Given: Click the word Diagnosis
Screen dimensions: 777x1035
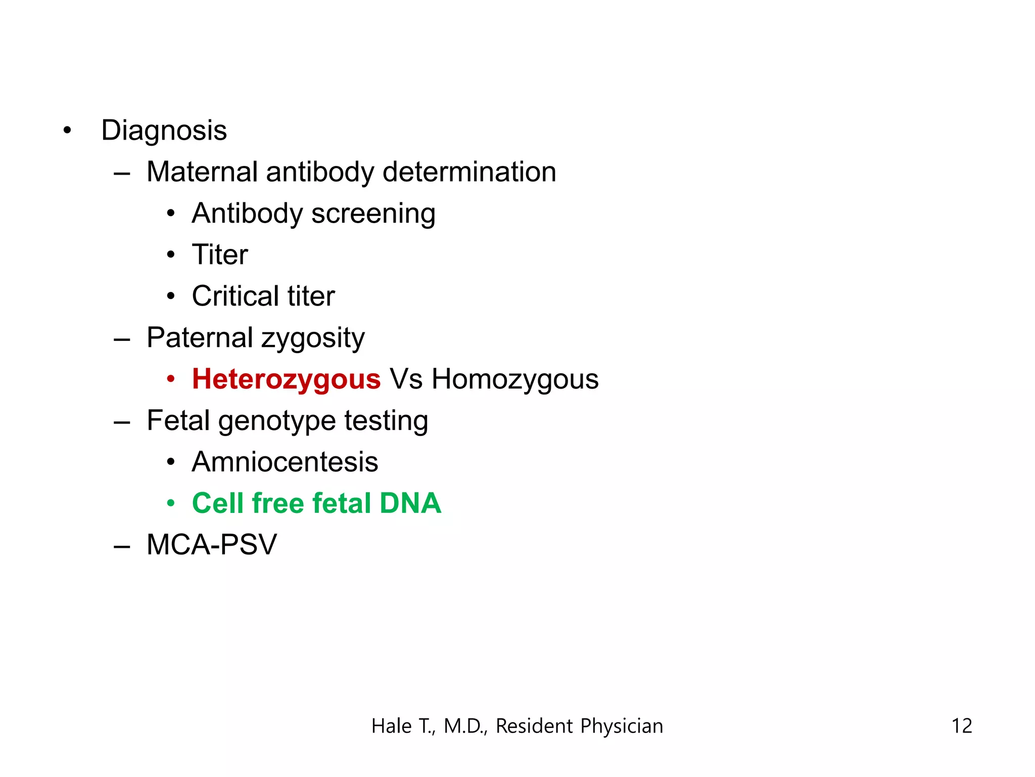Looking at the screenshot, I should pyautogui.click(x=164, y=131).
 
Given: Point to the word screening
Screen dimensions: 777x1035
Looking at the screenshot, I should pyautogui.click(x=373, y=214).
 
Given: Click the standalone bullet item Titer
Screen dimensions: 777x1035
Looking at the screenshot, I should pyautogui.click(x=220, y=254).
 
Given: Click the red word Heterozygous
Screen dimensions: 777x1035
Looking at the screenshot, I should pyautogui.click(x=286, y=379).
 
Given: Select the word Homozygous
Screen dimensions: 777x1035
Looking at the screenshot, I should pyautogui.click(x=514, y=379).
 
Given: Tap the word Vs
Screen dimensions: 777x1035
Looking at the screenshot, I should pyautogui.click(x=406, y=379).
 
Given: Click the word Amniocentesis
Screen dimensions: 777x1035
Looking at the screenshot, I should pyautogui.click(x=285, y=462).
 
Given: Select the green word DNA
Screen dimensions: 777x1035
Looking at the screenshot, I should pyautogui.click(x=410, y=503).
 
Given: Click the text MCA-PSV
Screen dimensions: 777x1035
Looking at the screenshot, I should pyautogui.click(x=212, y=545).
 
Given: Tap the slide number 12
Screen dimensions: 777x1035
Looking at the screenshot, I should pyautogui.click(x=961, y=726).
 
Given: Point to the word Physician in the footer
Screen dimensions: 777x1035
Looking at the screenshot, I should pyautogui.click(x=621, y=726).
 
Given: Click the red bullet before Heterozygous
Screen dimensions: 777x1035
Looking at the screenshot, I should pyautogui.click(x=171, y=379).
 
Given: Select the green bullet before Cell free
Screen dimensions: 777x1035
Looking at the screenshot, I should pyautogui.click(x=171, y=504).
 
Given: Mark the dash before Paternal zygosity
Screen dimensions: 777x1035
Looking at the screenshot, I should pyautogui.click(x=122, y=339).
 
